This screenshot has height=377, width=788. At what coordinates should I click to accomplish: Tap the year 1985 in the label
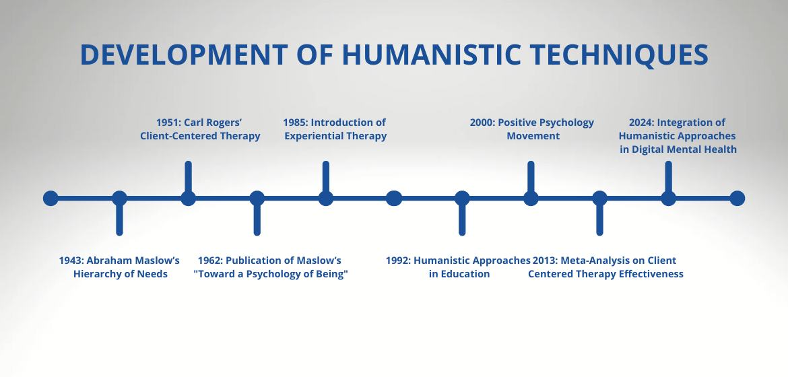pyautogui.click(x=296, y=123)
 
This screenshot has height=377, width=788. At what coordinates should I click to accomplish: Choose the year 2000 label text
pyautogui.click(x=482, y=123)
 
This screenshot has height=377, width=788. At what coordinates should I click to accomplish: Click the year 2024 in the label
pyautogui.click(x=641, y=123)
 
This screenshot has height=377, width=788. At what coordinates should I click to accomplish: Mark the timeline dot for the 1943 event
pyautogui.click(x=119, y=198)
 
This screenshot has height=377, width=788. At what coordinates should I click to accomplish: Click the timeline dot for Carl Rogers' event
pyautogui.click(x=188, y=198)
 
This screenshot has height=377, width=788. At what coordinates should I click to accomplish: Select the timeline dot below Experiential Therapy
pyautogui.click(x=325, y=198)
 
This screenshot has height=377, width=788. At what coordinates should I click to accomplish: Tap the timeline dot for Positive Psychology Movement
pyautogui.click(x=531, y=198)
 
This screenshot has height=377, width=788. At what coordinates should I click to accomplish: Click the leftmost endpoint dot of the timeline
pyautogui.click(x=51, y=198)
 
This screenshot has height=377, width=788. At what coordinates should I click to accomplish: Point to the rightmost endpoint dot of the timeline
pyautogui.click(x=737, y=198)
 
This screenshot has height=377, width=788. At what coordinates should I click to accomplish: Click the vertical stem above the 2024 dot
pyautogui.click(x=668, y=176)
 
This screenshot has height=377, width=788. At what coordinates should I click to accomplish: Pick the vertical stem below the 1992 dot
pyautogui.click(x=462, y=220)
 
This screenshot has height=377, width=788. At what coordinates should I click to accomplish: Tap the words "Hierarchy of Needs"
pyautogui.click(x=121, y=274)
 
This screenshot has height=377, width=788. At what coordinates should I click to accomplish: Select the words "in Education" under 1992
pyautogui.click(x=459, y=274)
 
